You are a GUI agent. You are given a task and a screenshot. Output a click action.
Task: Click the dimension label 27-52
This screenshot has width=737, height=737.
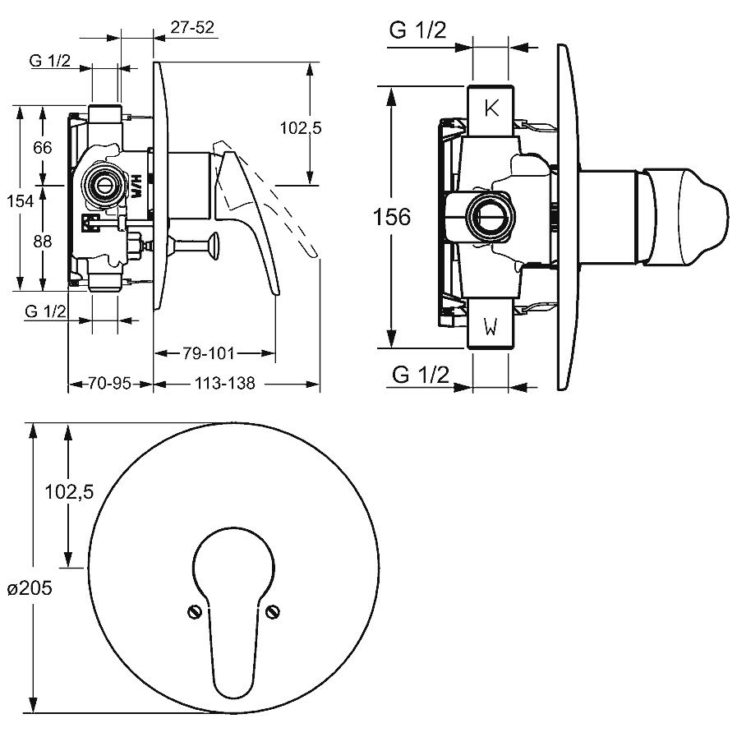(192, 27)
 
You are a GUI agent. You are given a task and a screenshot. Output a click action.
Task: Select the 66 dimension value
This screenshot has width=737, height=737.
(43, 148)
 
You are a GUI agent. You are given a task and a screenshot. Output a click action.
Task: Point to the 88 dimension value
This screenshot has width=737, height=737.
(43, 242)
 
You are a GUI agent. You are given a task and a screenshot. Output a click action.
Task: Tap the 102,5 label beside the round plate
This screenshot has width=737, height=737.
(69, 491)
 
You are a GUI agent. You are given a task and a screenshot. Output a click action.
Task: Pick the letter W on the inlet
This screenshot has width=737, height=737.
(491, 329)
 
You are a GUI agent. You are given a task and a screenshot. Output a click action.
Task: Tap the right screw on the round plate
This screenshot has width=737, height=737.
(273, 611)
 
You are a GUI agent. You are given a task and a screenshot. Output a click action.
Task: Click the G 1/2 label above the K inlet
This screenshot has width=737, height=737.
(418, 31)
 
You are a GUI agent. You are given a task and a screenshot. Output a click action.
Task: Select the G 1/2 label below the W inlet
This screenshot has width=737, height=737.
(421, 375)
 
